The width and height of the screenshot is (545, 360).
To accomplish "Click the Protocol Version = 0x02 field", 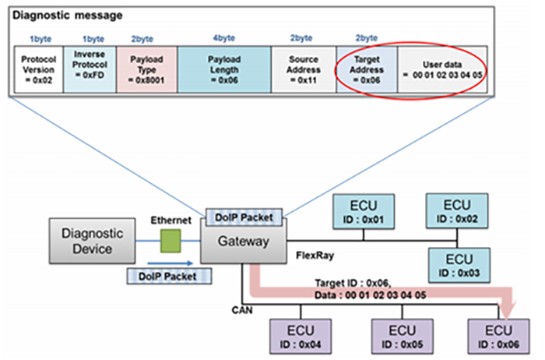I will (38, 70).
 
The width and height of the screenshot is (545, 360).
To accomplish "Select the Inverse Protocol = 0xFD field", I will (89, 70).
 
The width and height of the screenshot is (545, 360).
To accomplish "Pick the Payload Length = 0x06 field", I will (223, 70).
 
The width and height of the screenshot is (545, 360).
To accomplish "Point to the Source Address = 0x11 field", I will (303, 70).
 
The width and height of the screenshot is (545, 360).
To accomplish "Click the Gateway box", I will (244, 242).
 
